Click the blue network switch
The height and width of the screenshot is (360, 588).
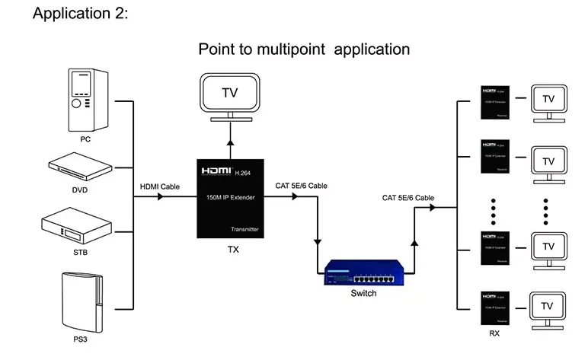click(x=363, y=272)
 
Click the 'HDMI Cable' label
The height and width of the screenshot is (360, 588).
click(x=160, y=186)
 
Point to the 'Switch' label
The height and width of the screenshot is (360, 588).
click(x=363, y=294)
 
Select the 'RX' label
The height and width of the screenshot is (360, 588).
click(x=496, y=333)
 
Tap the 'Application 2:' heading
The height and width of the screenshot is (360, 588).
click(x=80, y=14)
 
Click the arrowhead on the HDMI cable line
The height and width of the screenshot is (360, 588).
click(x=161, y=197)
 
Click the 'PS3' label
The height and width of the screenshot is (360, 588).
click(x=80, y=338)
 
